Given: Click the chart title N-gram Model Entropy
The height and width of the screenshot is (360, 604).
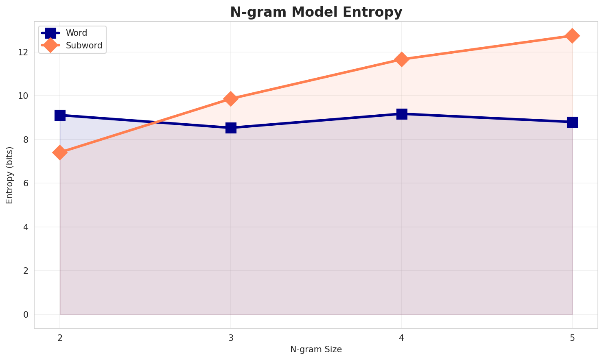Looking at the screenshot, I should [316, 12].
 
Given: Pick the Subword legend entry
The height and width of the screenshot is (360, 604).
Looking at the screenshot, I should [84, 46].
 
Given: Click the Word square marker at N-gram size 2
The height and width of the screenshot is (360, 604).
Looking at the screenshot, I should [60, 115].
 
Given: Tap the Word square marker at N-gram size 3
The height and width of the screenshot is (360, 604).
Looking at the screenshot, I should [231, 128].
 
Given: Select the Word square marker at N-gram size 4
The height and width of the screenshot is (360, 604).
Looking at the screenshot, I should [402, 113].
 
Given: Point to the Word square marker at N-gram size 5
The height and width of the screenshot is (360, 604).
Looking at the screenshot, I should [572, 122].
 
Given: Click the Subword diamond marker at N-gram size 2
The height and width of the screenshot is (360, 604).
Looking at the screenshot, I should [60, 153].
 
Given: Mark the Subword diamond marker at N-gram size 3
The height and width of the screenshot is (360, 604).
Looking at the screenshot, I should [231, 98].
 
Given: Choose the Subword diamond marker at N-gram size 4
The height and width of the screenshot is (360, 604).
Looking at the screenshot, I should [402, 59].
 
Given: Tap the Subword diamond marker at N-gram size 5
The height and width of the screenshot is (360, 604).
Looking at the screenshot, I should [572, 36].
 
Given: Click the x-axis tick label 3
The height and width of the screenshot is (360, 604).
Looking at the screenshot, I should [231, 338].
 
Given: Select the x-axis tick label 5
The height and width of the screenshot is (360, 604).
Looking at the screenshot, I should [572, 338].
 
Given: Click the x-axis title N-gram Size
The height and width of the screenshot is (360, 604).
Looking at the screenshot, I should [316, 349].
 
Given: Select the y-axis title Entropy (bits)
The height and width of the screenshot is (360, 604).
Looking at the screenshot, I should [9, 175].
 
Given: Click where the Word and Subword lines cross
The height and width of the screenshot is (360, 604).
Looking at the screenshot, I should [156, 122].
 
